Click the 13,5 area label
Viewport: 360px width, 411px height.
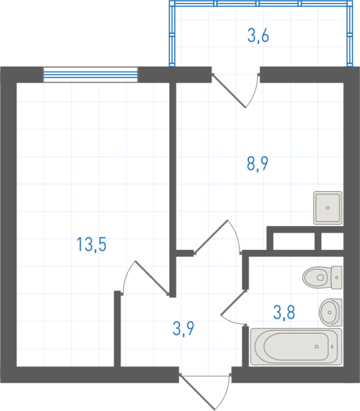click(x=92, y=245)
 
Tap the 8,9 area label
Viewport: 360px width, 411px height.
click(x=257, y=164)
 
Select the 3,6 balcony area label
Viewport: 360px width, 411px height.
click(x=258, y=36)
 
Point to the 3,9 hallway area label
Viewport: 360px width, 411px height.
click(x=183, y=329)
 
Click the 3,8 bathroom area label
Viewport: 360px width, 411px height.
click(x=284, y=312)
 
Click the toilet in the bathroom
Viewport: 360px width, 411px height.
click(x=322, y=277)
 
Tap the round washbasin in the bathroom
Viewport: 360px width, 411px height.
click(x=331, y=312)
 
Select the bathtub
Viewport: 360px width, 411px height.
click(x=296, y=347)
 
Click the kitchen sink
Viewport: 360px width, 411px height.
click(x=328, y=208)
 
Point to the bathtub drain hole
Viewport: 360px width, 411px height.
click(x=317, y=347)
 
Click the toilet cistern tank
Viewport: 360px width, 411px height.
click(x=337, y=277)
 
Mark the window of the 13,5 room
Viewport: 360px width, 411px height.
click(x=90, y=75)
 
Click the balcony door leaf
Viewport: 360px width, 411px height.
click(x=229, y=90)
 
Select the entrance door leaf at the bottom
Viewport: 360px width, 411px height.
click(x=197, y=393)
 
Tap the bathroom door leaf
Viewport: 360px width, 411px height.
click(x=233, y=302)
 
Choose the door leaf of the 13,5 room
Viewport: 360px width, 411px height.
click(x=152, y=278)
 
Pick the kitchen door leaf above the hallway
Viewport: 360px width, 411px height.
click(x=211, y=237)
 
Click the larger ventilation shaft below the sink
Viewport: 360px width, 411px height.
click(x=294, y=241)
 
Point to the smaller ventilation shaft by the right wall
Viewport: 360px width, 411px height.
click(x=332, y=241)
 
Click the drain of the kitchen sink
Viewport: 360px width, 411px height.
click(x=328, y=208)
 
